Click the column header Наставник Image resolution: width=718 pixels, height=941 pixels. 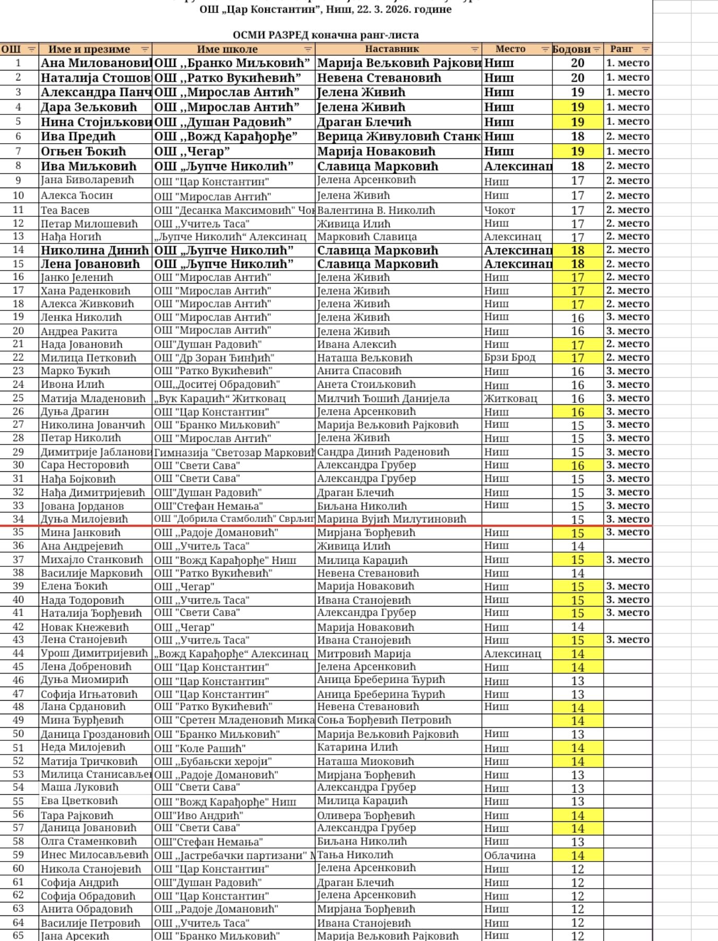tap(392, 49)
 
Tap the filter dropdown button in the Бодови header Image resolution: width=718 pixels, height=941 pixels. tap(596, 50)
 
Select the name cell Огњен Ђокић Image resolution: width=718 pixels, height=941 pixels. tap(84, 152)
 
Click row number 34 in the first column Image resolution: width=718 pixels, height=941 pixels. tap(18, 519)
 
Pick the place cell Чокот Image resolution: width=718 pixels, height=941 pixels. tap(500, 210)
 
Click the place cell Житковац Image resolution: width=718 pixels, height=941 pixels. tap(510, 398)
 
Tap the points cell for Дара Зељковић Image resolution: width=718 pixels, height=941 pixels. tap(578, 107)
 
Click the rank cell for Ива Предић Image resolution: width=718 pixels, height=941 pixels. tap(628, 136)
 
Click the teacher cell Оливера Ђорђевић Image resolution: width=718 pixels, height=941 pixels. tap(366, 815)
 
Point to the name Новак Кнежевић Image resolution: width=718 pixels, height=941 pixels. tap(85, 627)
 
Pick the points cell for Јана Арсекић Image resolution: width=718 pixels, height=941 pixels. tap(578, 936)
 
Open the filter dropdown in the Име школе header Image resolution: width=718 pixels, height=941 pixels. tap(308, 50)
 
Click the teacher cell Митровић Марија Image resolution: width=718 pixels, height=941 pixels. tap(364, 654)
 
